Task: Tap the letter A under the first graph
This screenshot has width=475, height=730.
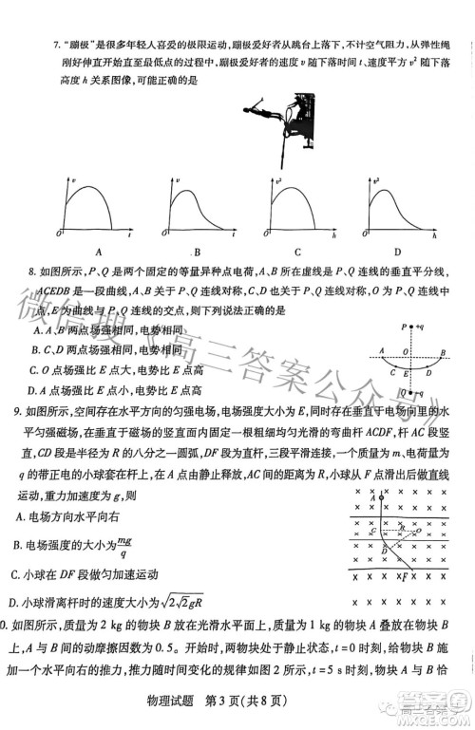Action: pos(98,252)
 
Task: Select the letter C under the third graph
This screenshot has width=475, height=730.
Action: pos(297,252)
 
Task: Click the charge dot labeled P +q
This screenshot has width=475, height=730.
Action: pos(413,328)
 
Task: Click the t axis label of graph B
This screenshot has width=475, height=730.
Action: pos(232,232)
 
